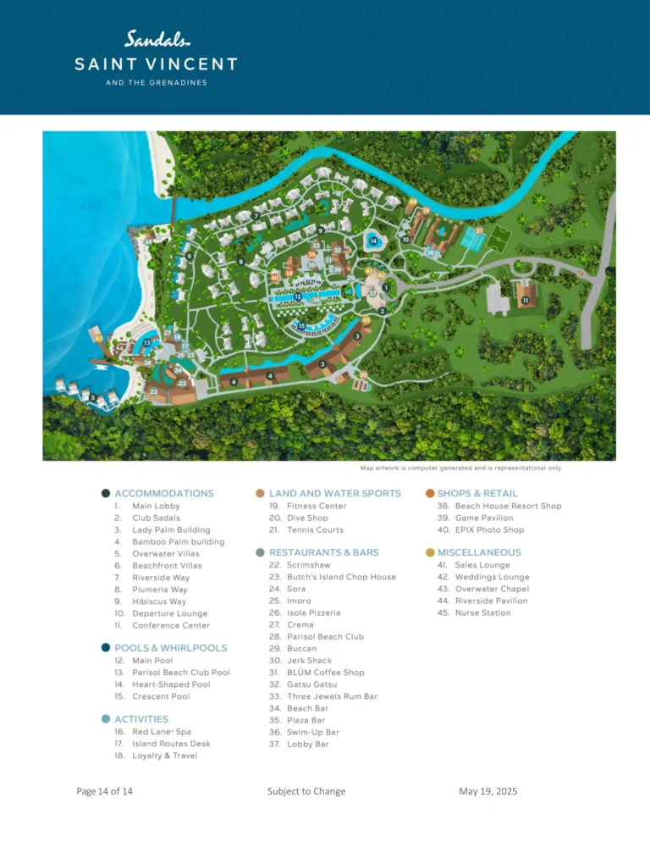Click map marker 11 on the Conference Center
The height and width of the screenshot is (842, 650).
525,300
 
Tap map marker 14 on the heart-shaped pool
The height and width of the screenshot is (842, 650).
373,241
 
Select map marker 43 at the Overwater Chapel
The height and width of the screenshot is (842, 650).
99,338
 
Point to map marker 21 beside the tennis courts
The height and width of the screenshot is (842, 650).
479,230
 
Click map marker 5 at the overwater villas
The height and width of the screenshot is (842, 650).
93,397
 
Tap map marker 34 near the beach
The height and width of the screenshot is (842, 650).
147,241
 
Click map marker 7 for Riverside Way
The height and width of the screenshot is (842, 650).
256,216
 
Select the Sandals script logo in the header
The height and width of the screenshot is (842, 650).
158,38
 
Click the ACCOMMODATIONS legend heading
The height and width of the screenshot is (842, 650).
163,493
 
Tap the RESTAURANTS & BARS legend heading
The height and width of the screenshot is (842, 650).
323,552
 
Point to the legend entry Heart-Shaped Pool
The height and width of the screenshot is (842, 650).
171,684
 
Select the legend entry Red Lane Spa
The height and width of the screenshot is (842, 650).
163,732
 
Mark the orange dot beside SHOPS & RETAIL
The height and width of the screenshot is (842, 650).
430,493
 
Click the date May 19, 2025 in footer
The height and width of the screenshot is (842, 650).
487,791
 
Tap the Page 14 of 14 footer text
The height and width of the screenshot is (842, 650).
104,791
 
